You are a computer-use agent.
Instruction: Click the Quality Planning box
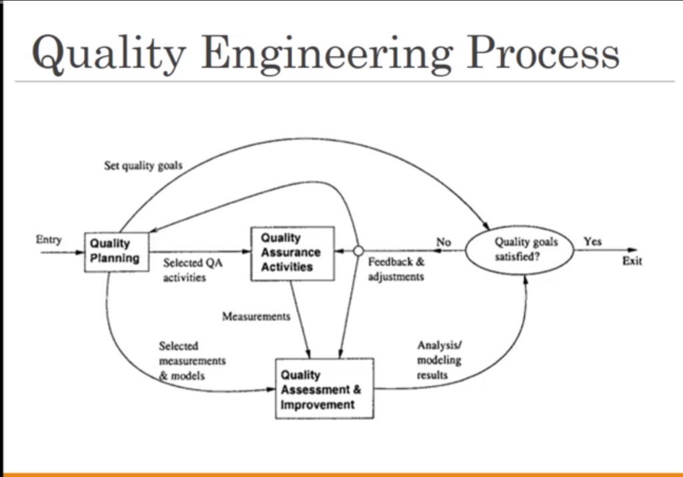[116, 251]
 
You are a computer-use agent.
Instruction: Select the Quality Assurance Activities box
[292, 252]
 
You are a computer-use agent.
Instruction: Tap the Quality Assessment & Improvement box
[325, 389]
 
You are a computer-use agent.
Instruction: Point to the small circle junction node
[358, 251]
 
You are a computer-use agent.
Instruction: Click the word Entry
[49, 240]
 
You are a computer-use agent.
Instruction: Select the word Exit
[632, 261]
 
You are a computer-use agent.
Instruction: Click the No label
[444, 242]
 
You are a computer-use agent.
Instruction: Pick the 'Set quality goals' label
[143, 165]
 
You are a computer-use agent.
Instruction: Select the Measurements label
[256, 316]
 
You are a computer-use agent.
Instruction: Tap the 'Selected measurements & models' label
[192, 361]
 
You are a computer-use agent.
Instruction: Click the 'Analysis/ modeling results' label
[439, 360]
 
